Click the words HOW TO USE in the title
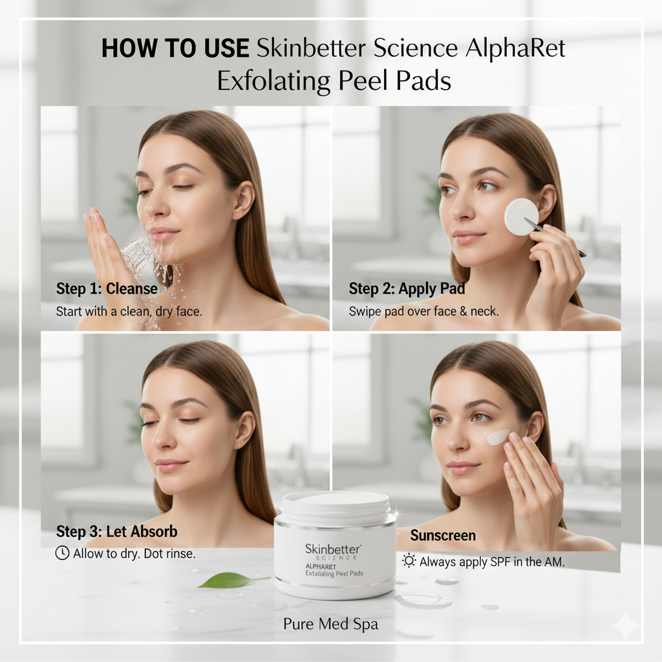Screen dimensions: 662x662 (x=175, y=48)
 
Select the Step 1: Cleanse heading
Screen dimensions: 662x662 (x=107, y=289)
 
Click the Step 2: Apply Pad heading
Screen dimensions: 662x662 (x=407, y=289)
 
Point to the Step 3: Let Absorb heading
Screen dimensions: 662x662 (x=117, y=531)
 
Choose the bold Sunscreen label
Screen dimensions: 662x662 (x=443, y=535)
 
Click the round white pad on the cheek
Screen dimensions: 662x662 (x=522, y=217)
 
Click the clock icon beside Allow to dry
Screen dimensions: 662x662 (x=63, y=553)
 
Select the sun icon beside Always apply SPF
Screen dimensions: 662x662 (x=409, y=561)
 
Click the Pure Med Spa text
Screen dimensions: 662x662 (x=330, y=624)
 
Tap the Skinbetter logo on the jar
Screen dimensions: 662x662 (x=333, y=549)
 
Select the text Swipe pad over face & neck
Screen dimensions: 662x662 (x=423, y=312)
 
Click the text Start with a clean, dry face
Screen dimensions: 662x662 (x=129, y=312)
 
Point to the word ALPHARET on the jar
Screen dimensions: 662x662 (x=321, y=566)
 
